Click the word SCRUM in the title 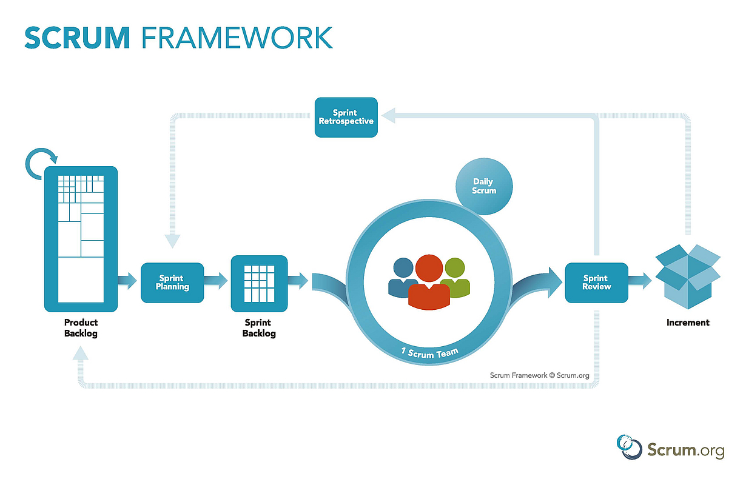coord(77,37)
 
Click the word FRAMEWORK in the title coord(237,37)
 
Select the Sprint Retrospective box coord(346,117)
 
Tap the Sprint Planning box coord(172,283)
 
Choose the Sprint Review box coord(596,283)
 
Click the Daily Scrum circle coord(484,186)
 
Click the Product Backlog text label coord(81,328)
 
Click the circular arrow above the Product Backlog coord(41,161)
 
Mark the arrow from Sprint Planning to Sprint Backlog coord(216,280)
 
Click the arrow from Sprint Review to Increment coord(640,280)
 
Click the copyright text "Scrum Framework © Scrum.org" coord(539,375)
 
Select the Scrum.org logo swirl coord(629,447)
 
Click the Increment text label coord(687,323)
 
